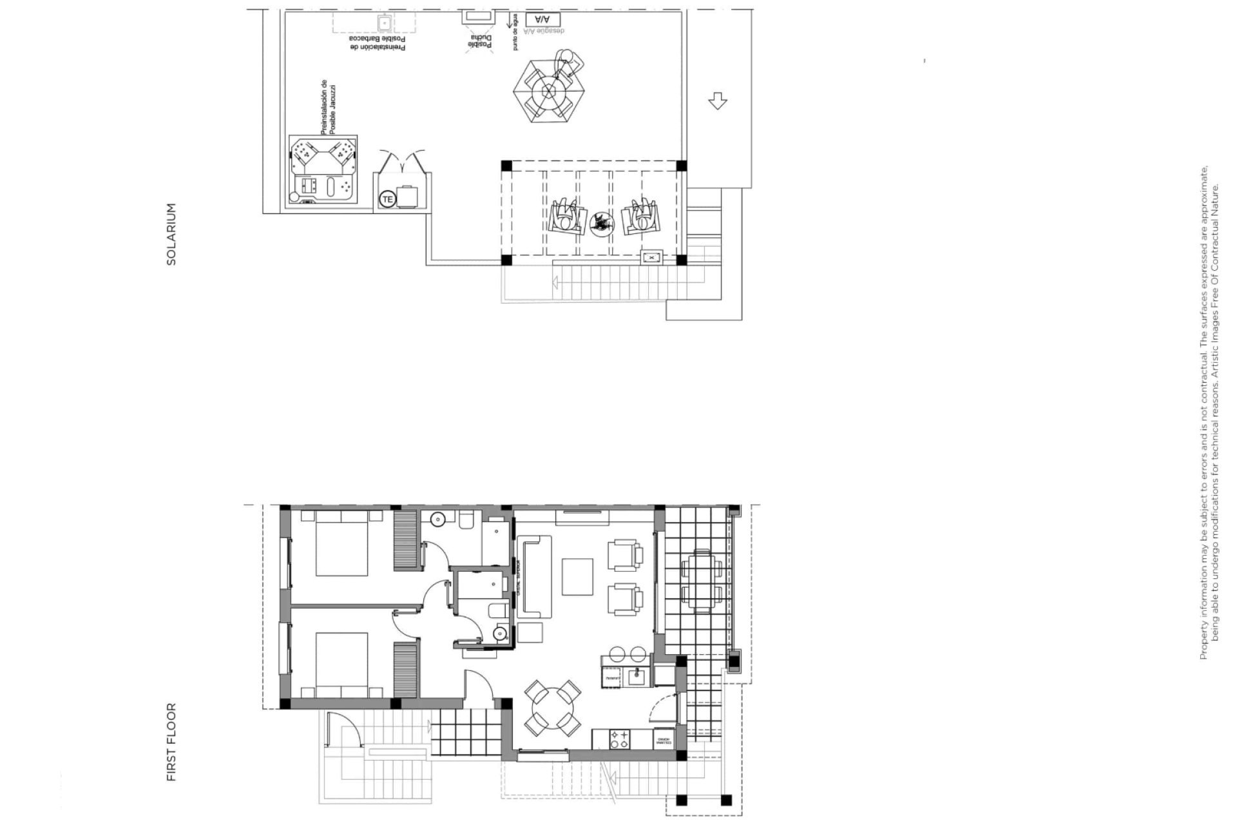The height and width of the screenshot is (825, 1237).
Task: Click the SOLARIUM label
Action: pyautogui.click(x=171, y=235)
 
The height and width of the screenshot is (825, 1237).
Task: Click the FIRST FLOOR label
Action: pyautogui.click(x=171, y=742)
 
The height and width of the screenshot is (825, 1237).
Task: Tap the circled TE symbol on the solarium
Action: pyautogui.click(x=387, y=199)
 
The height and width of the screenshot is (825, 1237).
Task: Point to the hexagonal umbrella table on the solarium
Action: pyautogui.click(x=549, y=90)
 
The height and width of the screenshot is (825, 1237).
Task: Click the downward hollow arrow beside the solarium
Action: pyautogui.click(x=717, y=101)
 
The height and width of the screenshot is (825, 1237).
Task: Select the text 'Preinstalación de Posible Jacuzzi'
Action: pyautogui.click(x=329, y=108)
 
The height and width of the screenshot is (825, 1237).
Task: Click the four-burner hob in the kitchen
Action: pyautogui.click(x=620, y=739)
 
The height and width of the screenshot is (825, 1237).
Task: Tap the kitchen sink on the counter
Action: pyautogui.click(x=635, y=677)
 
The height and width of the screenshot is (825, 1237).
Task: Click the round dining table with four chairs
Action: pyautogui.click(x=552, y=709)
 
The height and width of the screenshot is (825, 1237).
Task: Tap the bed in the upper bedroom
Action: pyautogui.click(x=341, y=543)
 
